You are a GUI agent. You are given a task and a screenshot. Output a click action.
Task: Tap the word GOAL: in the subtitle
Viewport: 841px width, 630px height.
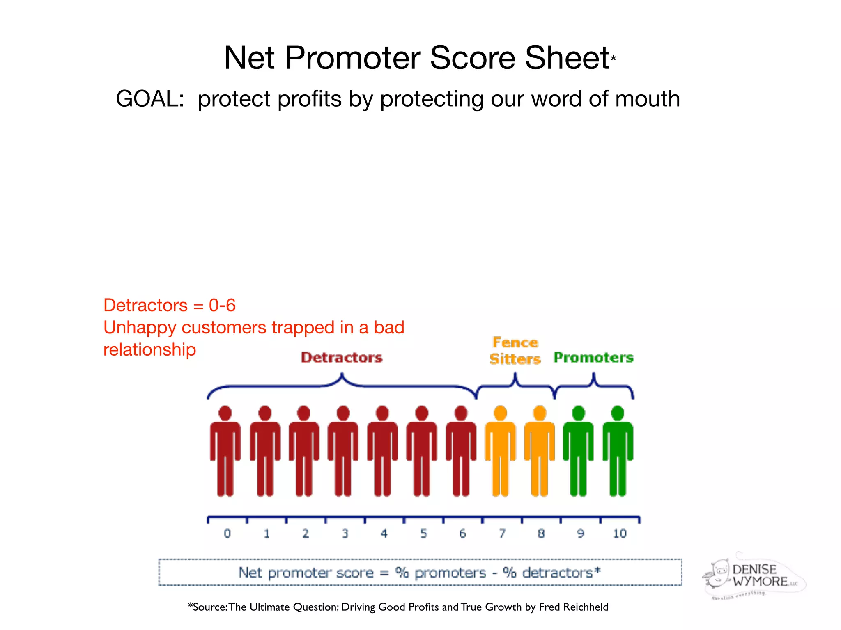tap(150, 99)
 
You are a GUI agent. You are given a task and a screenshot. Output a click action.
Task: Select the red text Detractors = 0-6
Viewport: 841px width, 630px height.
tap(169, 306)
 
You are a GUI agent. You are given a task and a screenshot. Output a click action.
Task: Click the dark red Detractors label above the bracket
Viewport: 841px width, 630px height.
tap(342, 358)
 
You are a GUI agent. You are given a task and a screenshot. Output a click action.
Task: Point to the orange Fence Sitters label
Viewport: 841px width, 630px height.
tap(515, 351)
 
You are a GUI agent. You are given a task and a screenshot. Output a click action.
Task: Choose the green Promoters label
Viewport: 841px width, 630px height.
tap(593, 358)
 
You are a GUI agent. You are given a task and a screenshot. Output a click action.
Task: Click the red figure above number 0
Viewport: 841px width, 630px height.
tap(225, 451)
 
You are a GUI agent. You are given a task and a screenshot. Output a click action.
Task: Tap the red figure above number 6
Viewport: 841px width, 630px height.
tap(461, 451)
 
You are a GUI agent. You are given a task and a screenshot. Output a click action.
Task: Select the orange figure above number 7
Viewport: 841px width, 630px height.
tap(500, 451)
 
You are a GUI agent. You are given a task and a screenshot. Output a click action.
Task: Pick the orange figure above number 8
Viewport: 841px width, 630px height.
tap(540, 451)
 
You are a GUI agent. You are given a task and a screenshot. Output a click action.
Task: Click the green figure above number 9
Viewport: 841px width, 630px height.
tap(578, 451)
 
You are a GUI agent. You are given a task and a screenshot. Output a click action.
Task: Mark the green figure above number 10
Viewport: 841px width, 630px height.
tap(618, 451)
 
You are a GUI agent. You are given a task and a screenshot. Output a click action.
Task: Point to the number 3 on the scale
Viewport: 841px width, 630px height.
tap(345, 534)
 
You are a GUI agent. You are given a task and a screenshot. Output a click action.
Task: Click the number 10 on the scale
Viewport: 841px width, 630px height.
tap(620, 534)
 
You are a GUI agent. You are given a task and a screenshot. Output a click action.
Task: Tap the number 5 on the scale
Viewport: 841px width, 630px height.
tap(423, 534)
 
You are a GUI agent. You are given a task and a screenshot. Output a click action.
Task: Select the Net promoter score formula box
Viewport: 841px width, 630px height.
tap(420, 572)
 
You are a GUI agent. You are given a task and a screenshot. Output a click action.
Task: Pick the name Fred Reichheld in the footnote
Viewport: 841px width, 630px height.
tap(573, 607)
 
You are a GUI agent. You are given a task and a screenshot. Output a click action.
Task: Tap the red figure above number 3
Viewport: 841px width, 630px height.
tap(343, 451)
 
